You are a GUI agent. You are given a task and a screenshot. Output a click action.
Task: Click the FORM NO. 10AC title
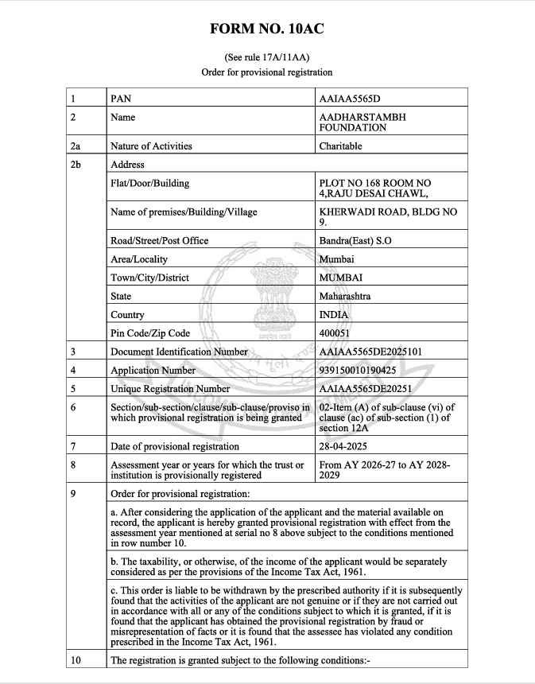[267, 29]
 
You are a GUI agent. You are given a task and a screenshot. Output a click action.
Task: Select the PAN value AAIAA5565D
[350, 99]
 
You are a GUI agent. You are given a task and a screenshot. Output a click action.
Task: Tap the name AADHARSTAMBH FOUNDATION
[362, 122]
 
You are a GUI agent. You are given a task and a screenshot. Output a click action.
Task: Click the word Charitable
[340, 146]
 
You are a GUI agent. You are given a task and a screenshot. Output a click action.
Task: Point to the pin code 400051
[335, 333]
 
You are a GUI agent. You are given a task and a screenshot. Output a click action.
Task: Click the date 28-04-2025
[343, 446]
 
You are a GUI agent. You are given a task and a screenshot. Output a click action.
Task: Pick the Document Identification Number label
[179, 352]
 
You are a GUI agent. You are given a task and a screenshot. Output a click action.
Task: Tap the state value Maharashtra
[345, 296]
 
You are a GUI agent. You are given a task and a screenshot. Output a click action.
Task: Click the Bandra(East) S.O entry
[355, 240]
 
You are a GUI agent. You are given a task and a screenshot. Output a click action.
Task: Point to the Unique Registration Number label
[170, 389]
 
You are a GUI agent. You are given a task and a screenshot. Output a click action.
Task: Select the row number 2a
[76, 146]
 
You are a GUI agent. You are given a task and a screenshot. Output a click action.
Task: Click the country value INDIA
[334, 315]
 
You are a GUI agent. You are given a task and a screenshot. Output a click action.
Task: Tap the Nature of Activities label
[151, 146]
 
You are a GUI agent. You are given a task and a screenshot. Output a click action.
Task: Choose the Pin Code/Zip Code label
[150, 333]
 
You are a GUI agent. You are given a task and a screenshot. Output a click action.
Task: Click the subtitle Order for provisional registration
[267, 72]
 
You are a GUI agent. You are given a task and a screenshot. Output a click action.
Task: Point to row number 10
[76, 660]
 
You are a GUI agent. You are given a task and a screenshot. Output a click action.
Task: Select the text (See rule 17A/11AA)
[267, 57]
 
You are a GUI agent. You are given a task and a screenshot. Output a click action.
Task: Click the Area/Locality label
[139, 259]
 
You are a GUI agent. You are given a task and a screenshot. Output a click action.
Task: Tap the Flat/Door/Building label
[150, 183]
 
